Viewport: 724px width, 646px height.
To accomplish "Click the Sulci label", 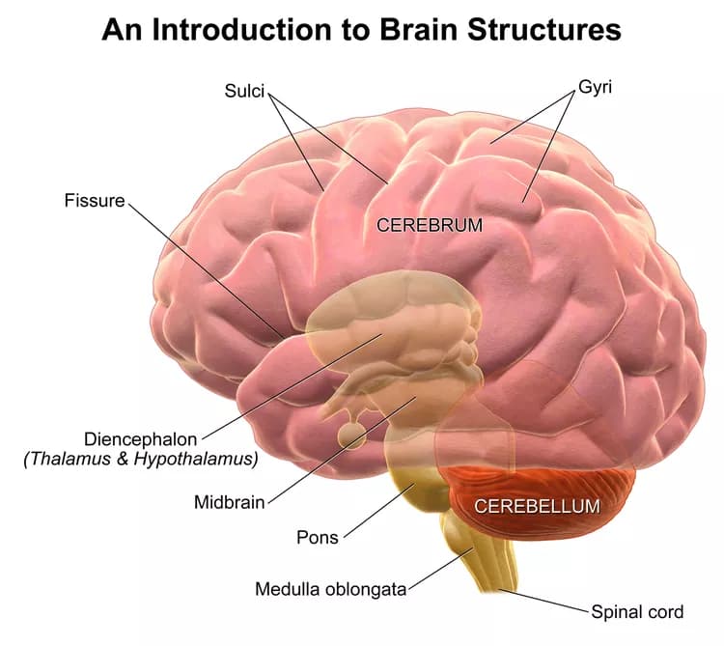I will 244,92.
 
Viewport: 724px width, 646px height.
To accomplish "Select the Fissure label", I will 95,201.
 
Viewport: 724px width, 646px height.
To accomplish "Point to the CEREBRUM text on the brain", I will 429,226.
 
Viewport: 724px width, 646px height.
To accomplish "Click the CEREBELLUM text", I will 537,505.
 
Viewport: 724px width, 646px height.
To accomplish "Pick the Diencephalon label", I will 141,437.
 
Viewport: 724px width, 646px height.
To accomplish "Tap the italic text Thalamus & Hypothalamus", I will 141,459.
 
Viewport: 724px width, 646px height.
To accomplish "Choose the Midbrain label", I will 229,502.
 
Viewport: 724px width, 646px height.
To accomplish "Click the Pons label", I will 318,537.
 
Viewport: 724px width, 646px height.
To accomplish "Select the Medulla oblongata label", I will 331,588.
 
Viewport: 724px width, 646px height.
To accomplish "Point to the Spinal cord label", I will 637,611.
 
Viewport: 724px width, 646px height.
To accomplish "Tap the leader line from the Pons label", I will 376,508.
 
